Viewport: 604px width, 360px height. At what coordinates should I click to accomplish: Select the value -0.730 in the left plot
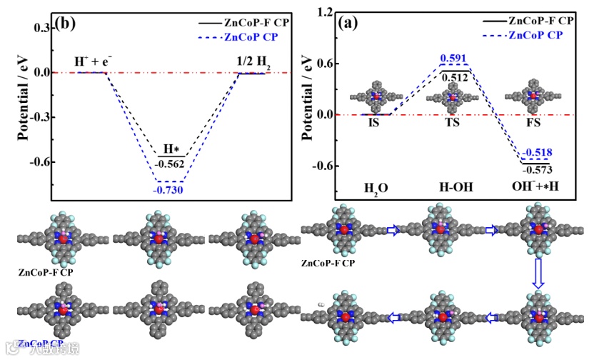[168, 189]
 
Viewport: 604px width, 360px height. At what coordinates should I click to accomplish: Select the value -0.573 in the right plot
[535, 170]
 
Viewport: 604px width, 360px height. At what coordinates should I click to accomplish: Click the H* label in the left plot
[170, 149]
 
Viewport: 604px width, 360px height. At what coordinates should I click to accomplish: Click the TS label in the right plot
[451, 122]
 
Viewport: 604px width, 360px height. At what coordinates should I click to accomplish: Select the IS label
[374, 123]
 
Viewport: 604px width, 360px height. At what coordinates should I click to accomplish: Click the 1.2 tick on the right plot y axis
[326, 12]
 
